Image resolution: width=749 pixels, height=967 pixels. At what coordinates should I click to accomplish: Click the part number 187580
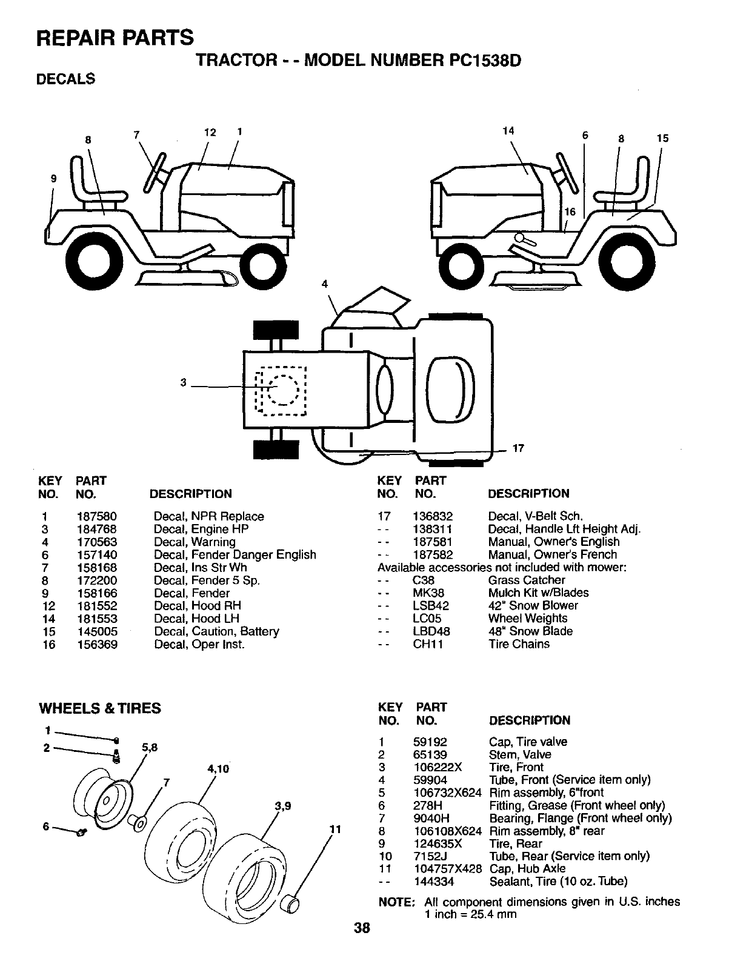(x=96, y=516)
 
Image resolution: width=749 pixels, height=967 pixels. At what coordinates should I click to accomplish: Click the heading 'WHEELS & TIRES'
(x=100, y=708)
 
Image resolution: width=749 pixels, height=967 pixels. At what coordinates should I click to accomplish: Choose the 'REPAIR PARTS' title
(x=115, y=37)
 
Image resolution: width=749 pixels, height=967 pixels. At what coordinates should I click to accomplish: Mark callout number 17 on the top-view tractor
(x=518, y=449)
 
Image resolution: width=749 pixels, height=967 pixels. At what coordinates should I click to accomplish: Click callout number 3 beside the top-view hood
(x=184, y=382)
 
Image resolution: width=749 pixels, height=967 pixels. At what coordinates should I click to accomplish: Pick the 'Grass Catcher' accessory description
(x=526, y=580)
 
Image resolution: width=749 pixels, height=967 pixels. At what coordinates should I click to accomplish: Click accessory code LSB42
(x=431, y=605)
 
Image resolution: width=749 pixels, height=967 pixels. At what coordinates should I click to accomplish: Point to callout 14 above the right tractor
(x=508, y=130)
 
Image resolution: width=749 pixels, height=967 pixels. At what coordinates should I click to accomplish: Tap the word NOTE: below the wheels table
(x=396, y=902)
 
